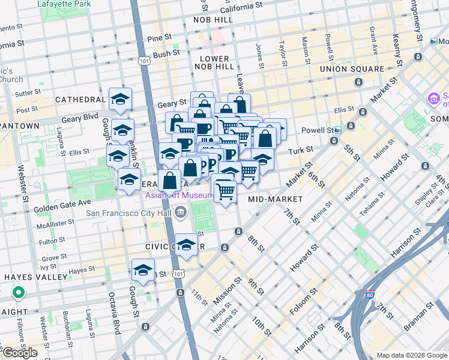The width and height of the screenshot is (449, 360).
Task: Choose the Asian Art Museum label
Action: click(x=178, y=196)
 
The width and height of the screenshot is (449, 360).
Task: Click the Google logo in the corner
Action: click(x=20, y=353)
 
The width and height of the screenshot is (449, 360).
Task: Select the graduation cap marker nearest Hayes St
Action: click(x=143, y=270)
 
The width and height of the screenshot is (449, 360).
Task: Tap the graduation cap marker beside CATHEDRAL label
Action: click(x=120, y=99)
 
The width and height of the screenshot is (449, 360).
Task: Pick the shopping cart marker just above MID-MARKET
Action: click(x=225, y=192)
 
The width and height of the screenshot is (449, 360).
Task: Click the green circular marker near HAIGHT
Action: click(x=19, y=293)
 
